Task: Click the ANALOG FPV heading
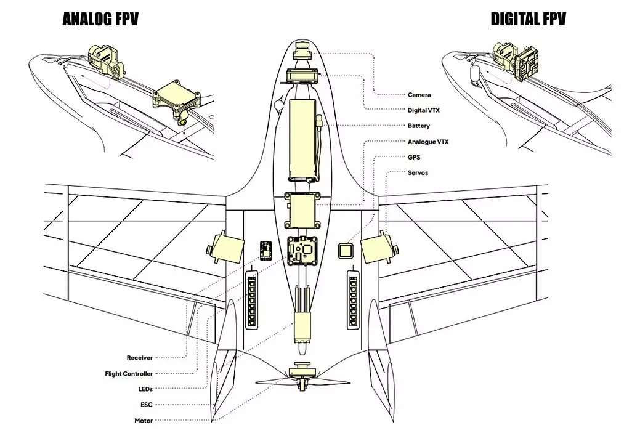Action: tap(100, 18)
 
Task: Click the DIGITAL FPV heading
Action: tap(528, 18)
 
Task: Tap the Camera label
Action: tap(419, 95)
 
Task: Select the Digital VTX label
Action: tap(423, 110)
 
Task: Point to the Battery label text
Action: tap(419, 126)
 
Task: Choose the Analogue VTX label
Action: tap(427, 142)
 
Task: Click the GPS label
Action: tap(414, 157)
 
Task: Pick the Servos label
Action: tap(418, 172)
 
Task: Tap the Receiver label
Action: tap(140, 358)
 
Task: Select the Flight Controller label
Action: tap(129, 374)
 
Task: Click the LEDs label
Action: tap(145, 389)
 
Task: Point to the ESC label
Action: tap(147, 405)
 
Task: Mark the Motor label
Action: tap(144, 421)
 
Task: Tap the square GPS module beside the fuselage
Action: tap(346, 251)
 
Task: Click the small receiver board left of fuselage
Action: tap(265, 250)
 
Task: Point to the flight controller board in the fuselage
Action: tap(302, 250)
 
